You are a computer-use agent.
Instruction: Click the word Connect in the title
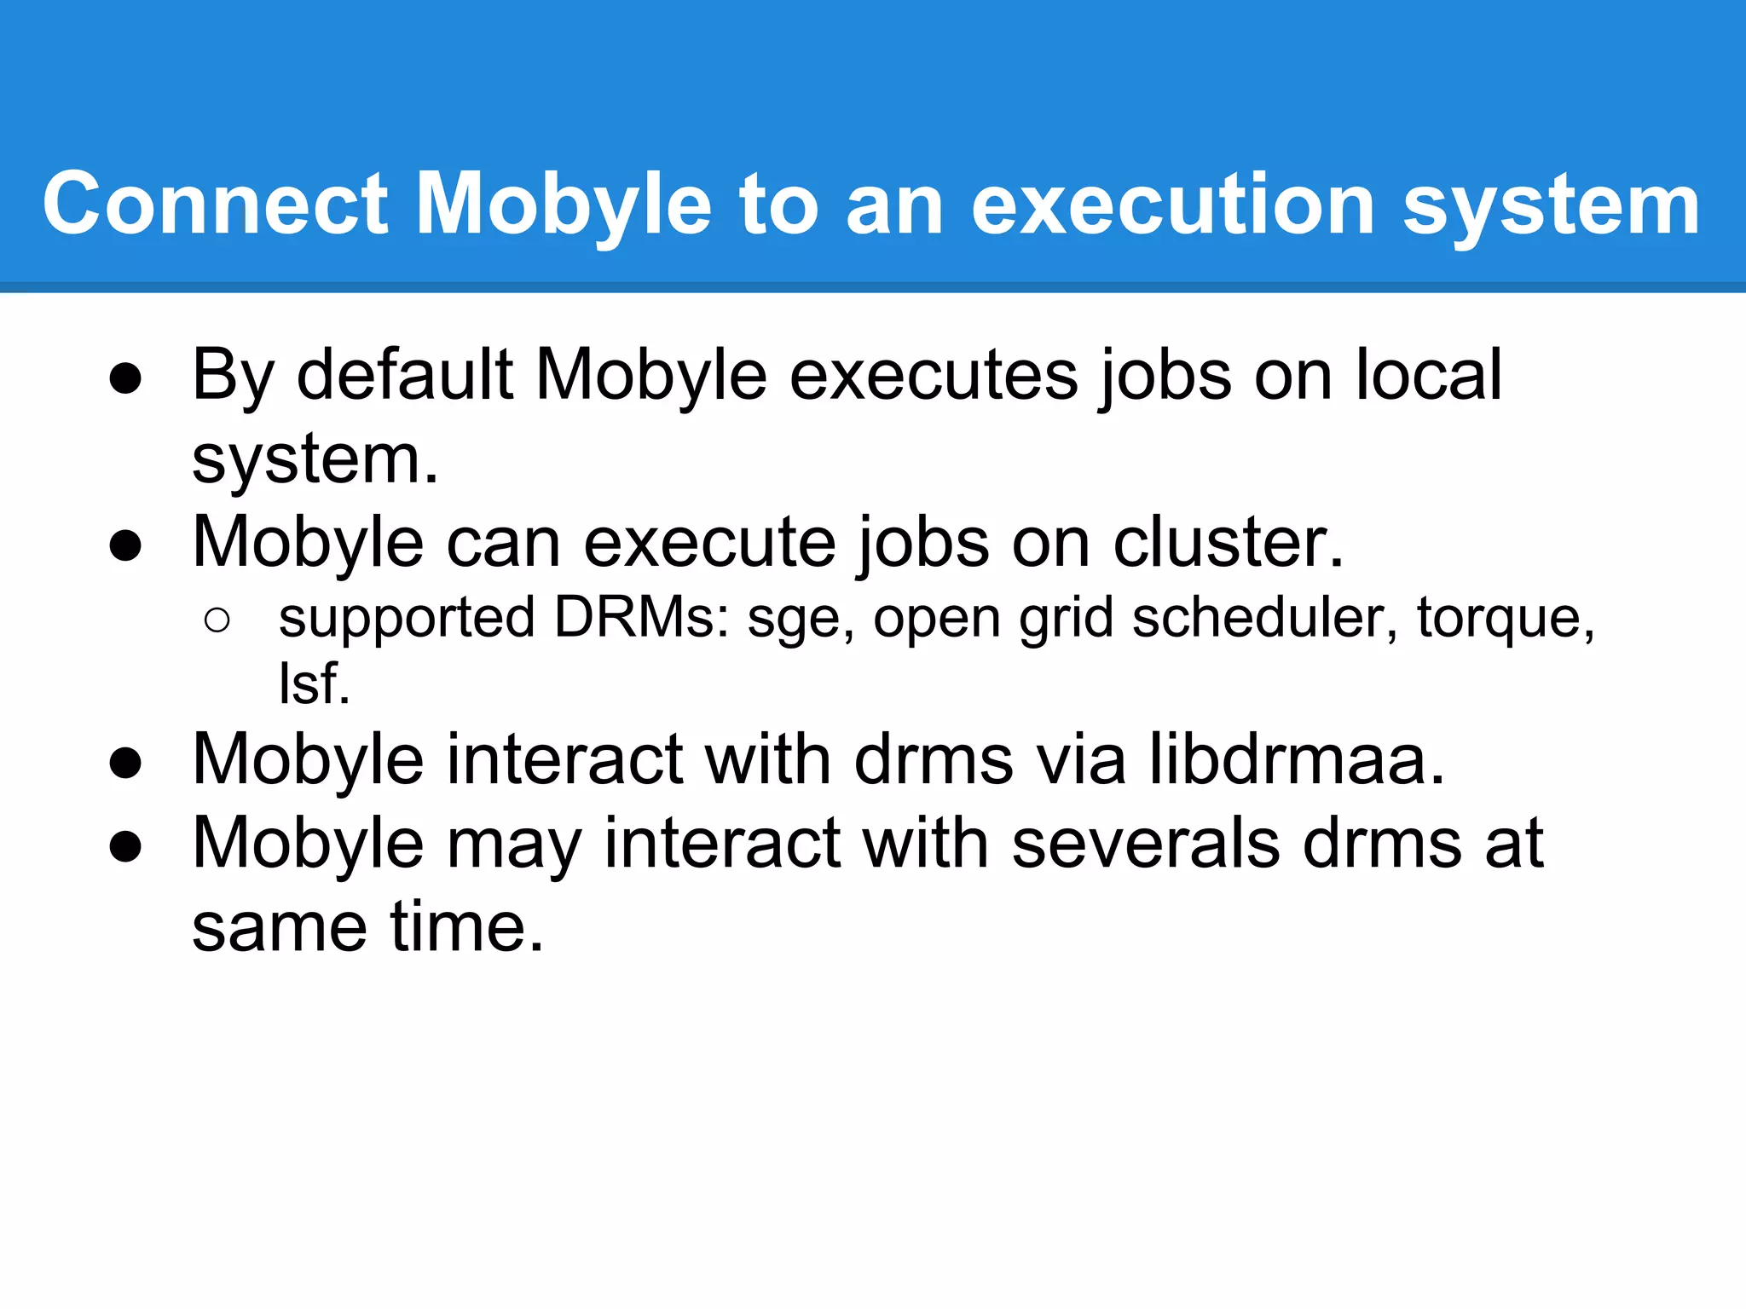point(215,205)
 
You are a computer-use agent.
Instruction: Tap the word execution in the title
point(1172,205)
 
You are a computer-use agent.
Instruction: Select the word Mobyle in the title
point(563,205)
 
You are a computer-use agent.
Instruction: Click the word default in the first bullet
point(404,375)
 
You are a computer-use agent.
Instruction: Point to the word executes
point(933,375)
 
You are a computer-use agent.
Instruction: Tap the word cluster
point(1228,542)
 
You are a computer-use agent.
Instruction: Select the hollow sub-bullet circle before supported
point(217,620)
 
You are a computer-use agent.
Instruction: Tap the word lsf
point(314,683)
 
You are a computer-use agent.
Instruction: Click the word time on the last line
point(466,927)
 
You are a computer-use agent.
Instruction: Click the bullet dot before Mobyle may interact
point(125,847)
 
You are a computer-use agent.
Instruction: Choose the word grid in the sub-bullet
point(1066,617)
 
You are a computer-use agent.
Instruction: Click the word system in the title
point(1552,205)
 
